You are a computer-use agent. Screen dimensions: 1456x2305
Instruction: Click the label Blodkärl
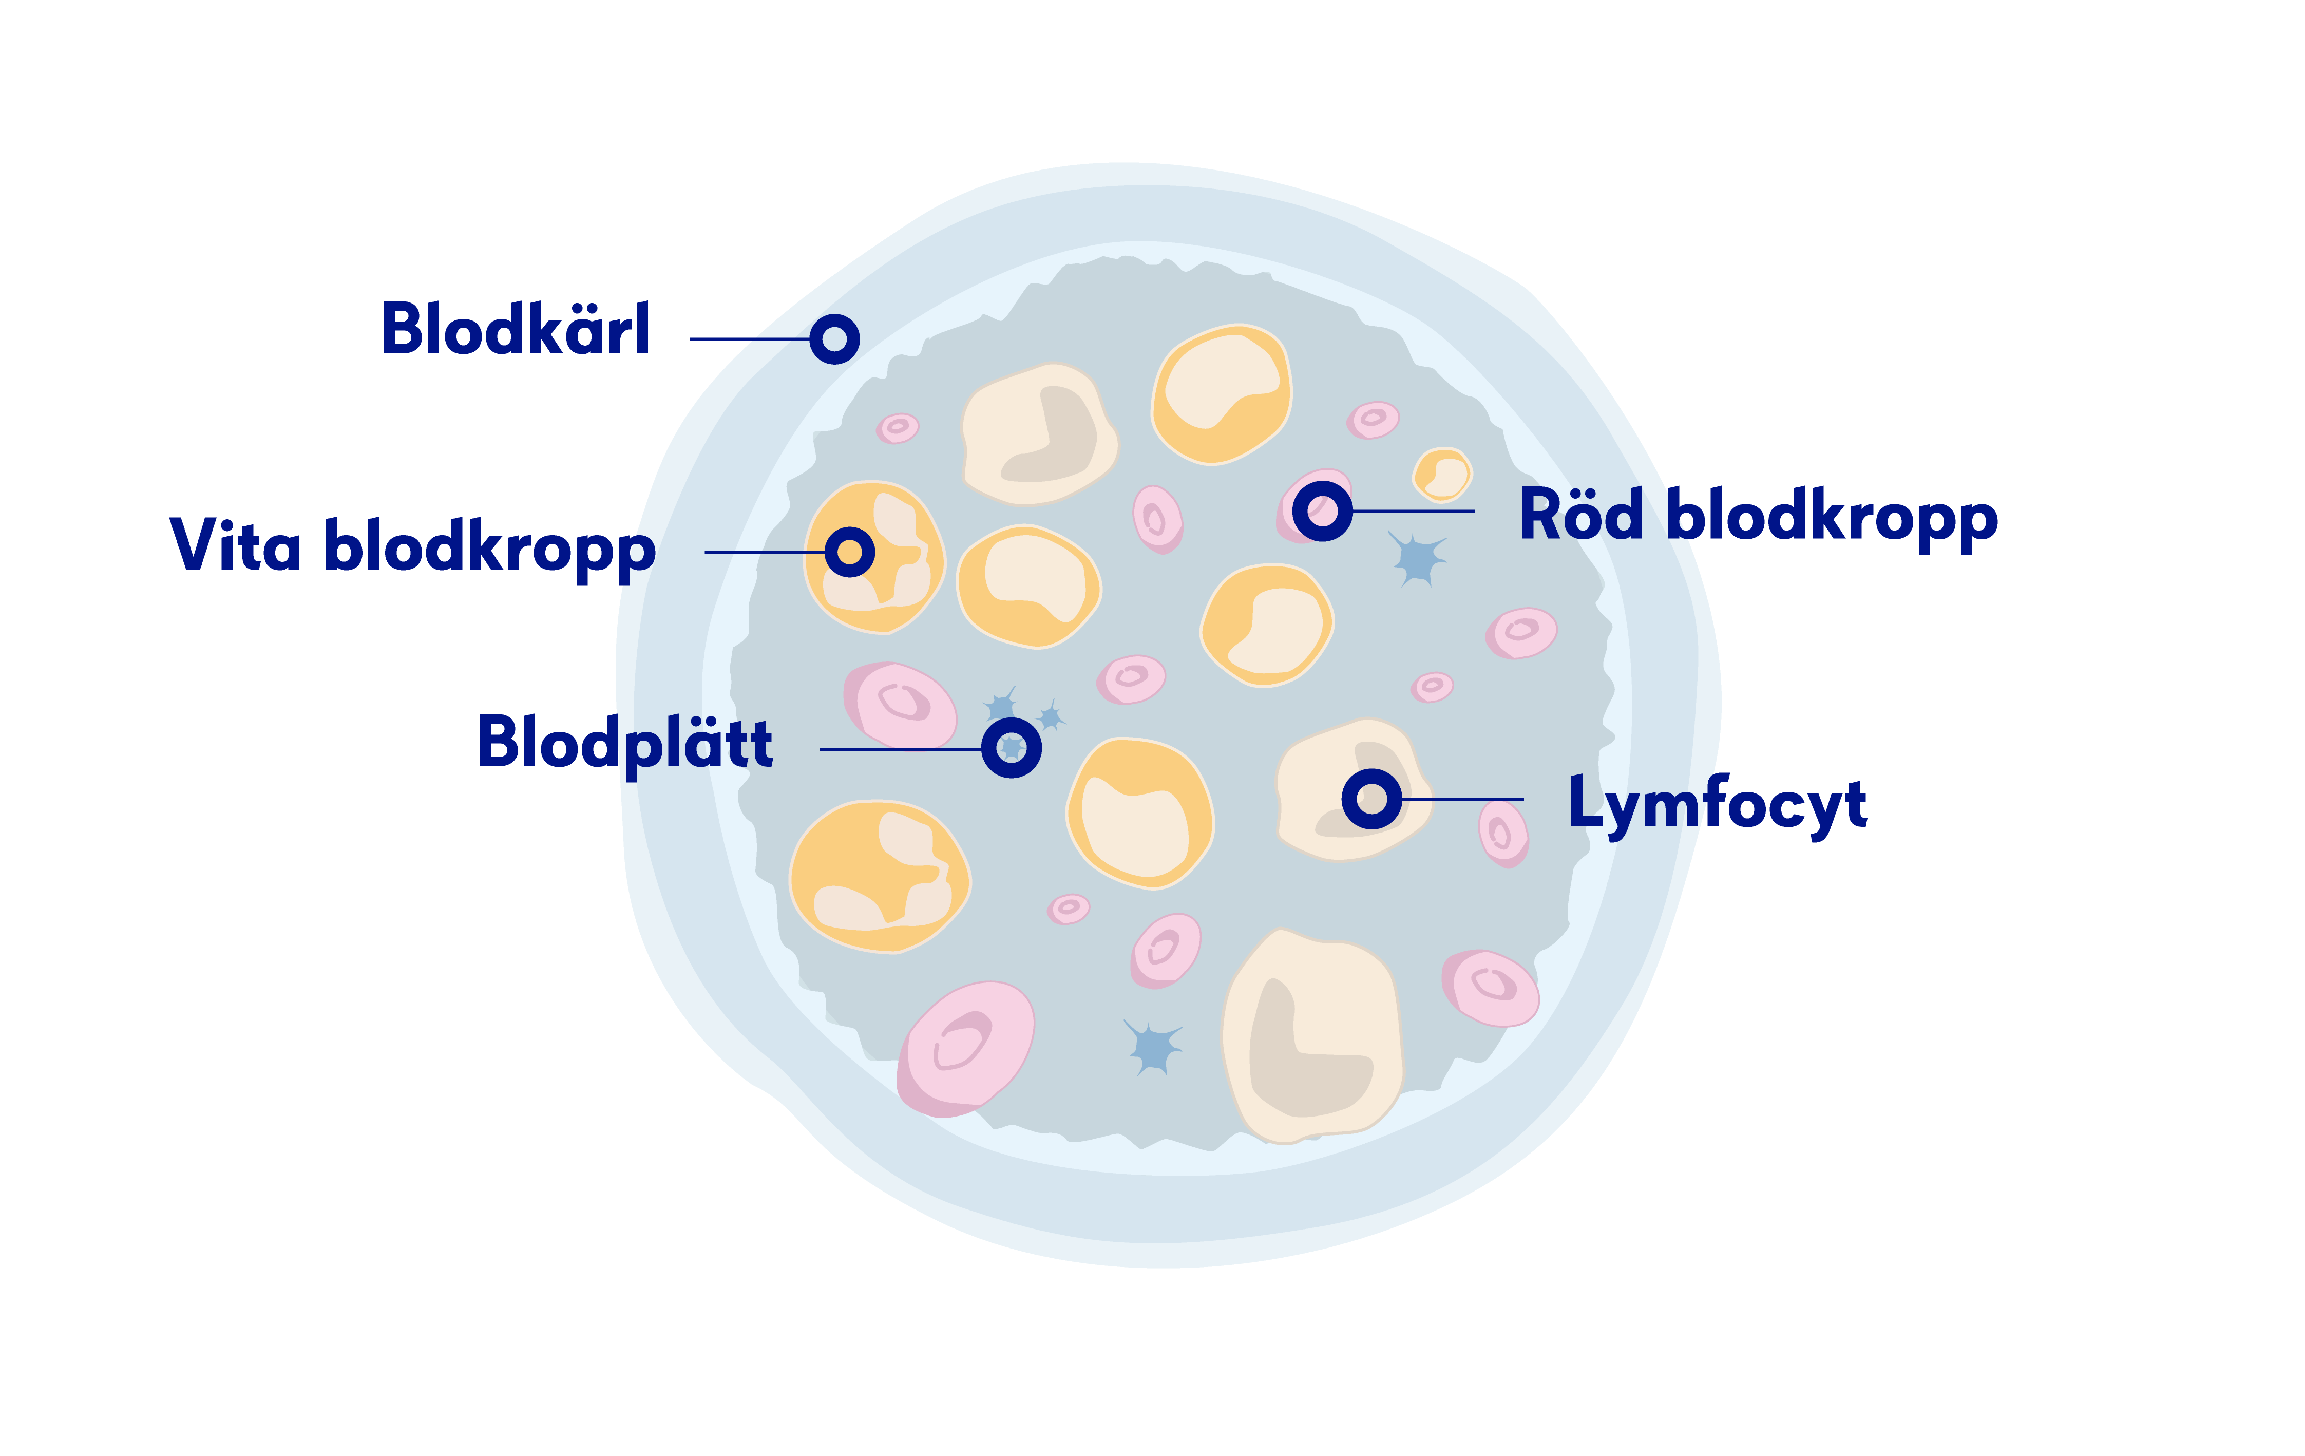(x=515, y=329)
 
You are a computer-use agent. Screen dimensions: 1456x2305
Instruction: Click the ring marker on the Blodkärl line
(x=834, y=339)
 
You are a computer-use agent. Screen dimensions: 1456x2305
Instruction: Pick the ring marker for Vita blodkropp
(x=849, y=552)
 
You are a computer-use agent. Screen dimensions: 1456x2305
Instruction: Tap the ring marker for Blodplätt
(x=1011, y=748)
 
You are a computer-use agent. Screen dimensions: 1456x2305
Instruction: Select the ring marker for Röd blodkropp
(x=1322, y=511)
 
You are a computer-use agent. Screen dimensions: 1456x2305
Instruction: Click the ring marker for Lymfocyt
(x=1371, y=798)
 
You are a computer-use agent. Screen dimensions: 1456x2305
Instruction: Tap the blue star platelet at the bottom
(x=1153, y=1046)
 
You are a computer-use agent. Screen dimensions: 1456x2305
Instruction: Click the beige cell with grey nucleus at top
(x=1039, y=433)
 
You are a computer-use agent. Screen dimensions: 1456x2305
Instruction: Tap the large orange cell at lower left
(x=879, y=876)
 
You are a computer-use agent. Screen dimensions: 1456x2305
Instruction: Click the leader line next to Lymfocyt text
(x=1464, y=798)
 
